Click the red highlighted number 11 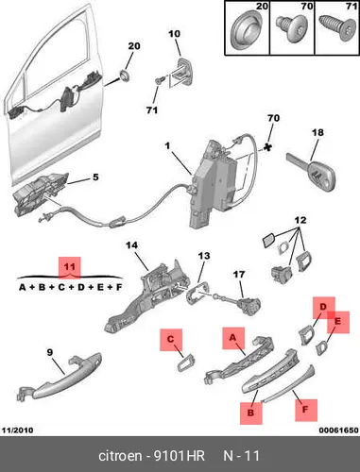click(70, 267)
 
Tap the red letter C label click(171, 340)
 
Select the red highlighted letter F click(306, 410)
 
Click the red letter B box click(251, 413)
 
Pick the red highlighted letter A click(233, 338)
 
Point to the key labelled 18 click(311, 173)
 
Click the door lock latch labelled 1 click(214, 184)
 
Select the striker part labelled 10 click(182, 72)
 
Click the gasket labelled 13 click(197, 292)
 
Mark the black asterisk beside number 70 click(267, 147)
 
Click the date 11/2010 click(17, 430)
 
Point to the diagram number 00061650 click(338, 430)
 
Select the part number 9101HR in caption click(179, 456)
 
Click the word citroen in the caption click(120, 456)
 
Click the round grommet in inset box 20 click(247, 29)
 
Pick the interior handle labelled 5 click(40, 194)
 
